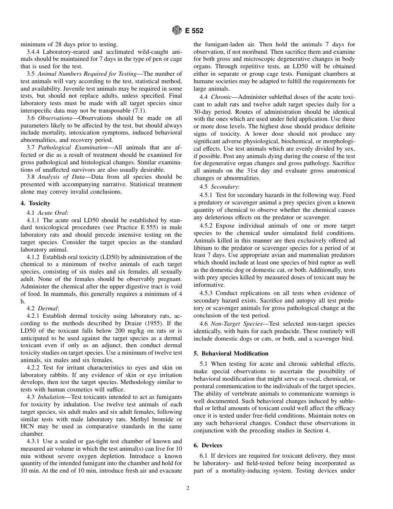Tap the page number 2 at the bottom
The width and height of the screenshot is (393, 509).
tap(187, 488)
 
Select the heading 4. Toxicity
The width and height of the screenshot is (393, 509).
tap(35, 203)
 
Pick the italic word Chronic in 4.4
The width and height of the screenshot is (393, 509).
tap(221, 97)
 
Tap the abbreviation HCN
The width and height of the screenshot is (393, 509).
tap(29, 426)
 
